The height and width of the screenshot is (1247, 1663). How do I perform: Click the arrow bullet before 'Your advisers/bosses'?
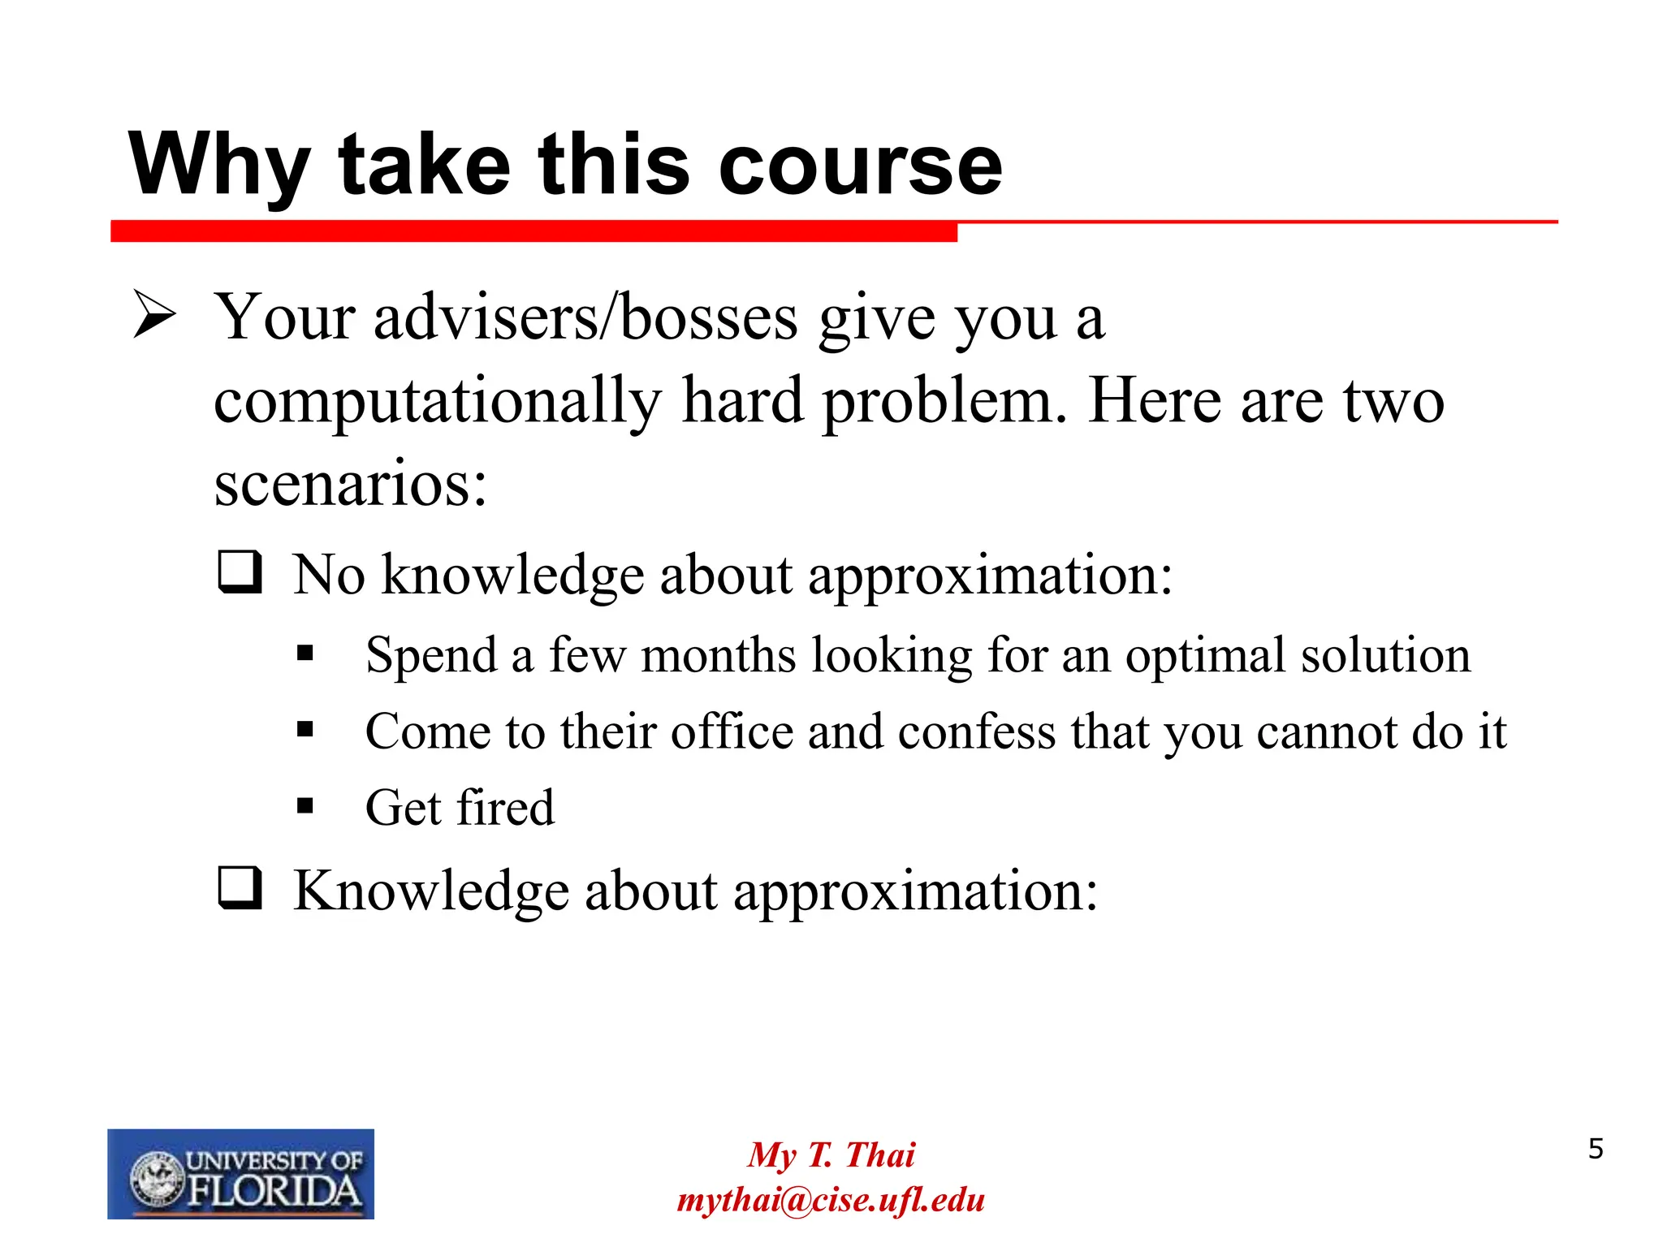154,315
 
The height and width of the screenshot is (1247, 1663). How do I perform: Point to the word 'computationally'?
438,401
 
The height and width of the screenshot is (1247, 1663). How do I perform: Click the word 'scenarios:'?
350,484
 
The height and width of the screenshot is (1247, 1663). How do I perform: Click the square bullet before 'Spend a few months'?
305,653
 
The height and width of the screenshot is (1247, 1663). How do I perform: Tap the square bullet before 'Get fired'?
305,805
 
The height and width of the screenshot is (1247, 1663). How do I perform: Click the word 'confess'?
978,731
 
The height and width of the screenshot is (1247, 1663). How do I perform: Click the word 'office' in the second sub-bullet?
732,731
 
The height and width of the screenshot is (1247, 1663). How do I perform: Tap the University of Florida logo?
240,1173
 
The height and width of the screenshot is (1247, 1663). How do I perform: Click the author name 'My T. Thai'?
831,1154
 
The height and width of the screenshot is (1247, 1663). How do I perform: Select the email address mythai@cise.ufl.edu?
831,1200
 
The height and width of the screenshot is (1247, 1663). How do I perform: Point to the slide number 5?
1596,1150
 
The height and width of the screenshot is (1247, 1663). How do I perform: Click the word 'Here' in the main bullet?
1154,401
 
